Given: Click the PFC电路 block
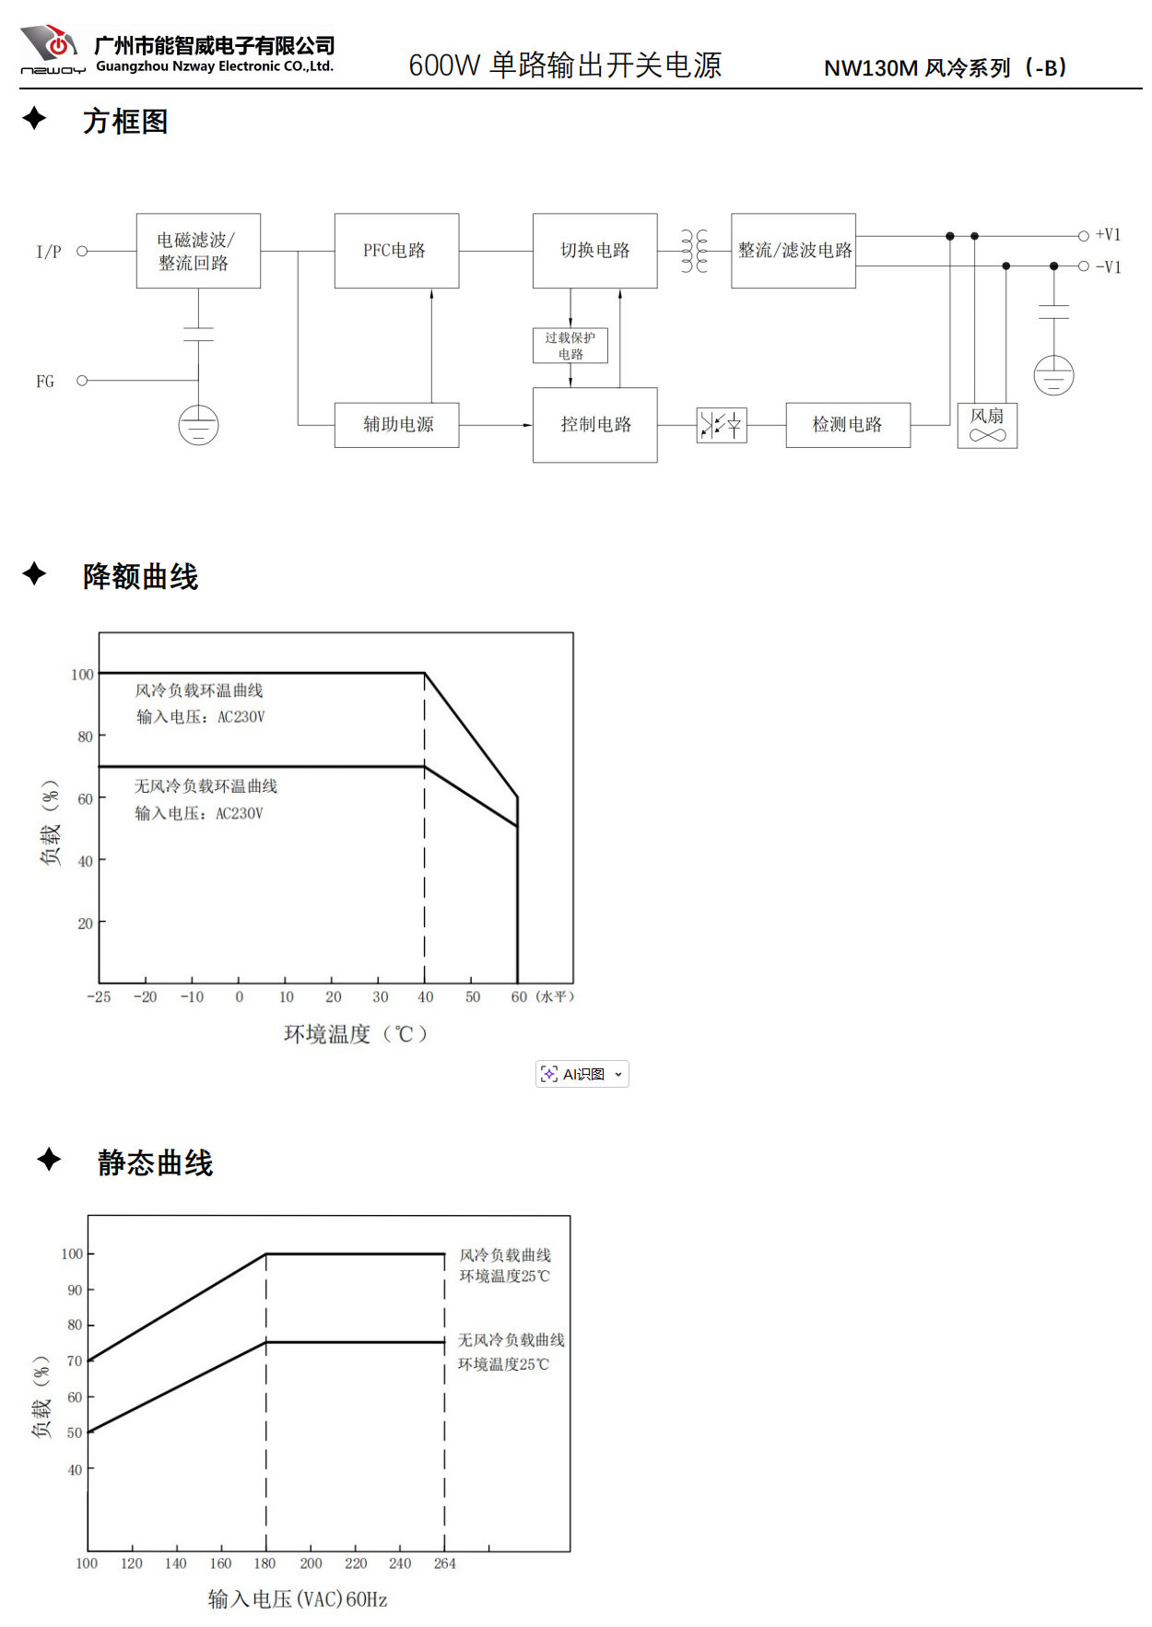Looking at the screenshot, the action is (396, 251).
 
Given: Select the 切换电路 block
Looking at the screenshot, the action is (594, 251).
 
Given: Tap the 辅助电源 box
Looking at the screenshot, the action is (396, 425).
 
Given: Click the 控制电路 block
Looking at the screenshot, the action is (594, 425).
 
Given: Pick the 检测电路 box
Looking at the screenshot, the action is (848, 425).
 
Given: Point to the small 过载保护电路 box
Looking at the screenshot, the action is (570, 346).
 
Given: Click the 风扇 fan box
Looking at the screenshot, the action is (987, 425).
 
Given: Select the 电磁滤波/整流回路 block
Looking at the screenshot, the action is (198, 251).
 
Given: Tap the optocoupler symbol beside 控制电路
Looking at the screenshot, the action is (722, 425).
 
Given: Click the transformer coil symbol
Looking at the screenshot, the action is (694, 251).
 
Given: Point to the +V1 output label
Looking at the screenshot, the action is (1108, 235).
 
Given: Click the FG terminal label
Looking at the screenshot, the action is (45, 381).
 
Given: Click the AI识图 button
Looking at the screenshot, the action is (582, 1074).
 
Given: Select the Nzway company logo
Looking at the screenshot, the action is (53, 50).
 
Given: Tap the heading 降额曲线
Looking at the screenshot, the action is (140, 577).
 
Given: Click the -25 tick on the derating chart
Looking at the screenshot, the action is (99, 997).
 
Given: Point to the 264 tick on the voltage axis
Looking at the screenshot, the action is (445, 1563).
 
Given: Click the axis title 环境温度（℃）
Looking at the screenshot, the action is (357, 1034).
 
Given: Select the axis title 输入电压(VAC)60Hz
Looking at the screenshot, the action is (298, 1599).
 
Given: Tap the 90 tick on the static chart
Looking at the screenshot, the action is (75, 1290).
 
